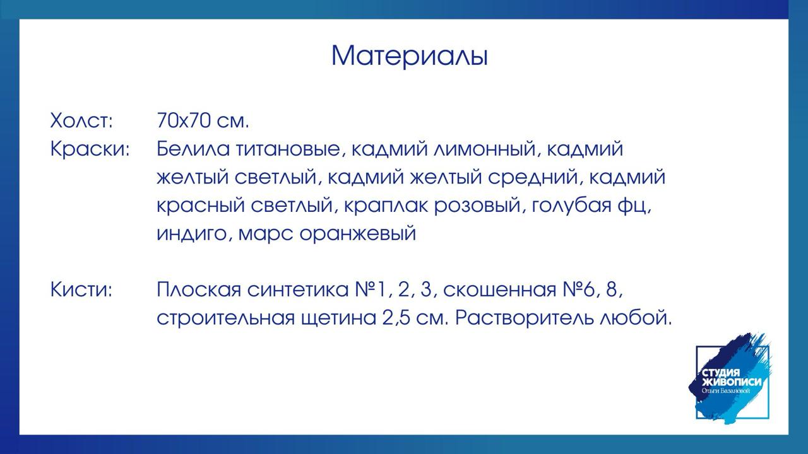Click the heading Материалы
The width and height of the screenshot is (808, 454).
tap(410, 56)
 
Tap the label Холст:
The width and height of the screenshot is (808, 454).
tap(81, 120)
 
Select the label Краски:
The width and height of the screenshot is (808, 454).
tap(90, 149)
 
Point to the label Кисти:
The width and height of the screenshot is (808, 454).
tap(81, 290)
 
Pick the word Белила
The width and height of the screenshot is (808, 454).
tap(193, 149)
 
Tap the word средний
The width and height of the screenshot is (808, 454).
tap(535, 178)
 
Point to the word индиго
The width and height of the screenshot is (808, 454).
tap(194, 233)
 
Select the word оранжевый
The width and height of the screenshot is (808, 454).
tap(358, 233)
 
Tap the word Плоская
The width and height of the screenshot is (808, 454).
tap(199, 290)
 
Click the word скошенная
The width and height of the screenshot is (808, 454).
tap(499, 290)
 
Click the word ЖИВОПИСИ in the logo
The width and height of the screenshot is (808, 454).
tap(732, 382)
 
